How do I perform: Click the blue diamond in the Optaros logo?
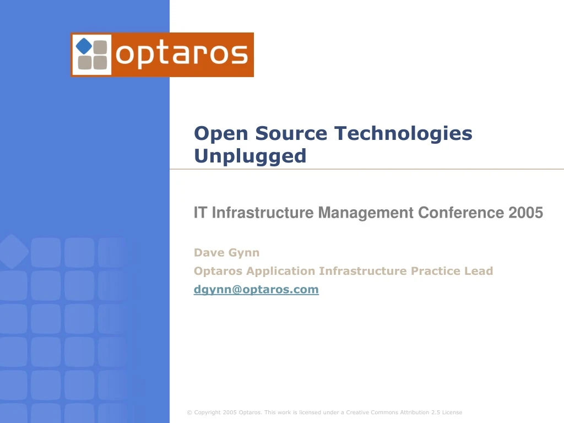[x=84, y=46]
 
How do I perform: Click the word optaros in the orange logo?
[x=182, y=55]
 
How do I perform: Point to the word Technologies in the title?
[x=403, y=134]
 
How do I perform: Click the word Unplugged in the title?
[x=250, y=156]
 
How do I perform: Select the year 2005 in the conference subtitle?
[x=525, y=212]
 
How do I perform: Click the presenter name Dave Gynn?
[x=226, y=253]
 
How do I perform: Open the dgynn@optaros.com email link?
[x=256, y=289]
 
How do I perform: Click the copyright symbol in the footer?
[x=189, y=413]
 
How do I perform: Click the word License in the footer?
[x=452, y=413]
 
